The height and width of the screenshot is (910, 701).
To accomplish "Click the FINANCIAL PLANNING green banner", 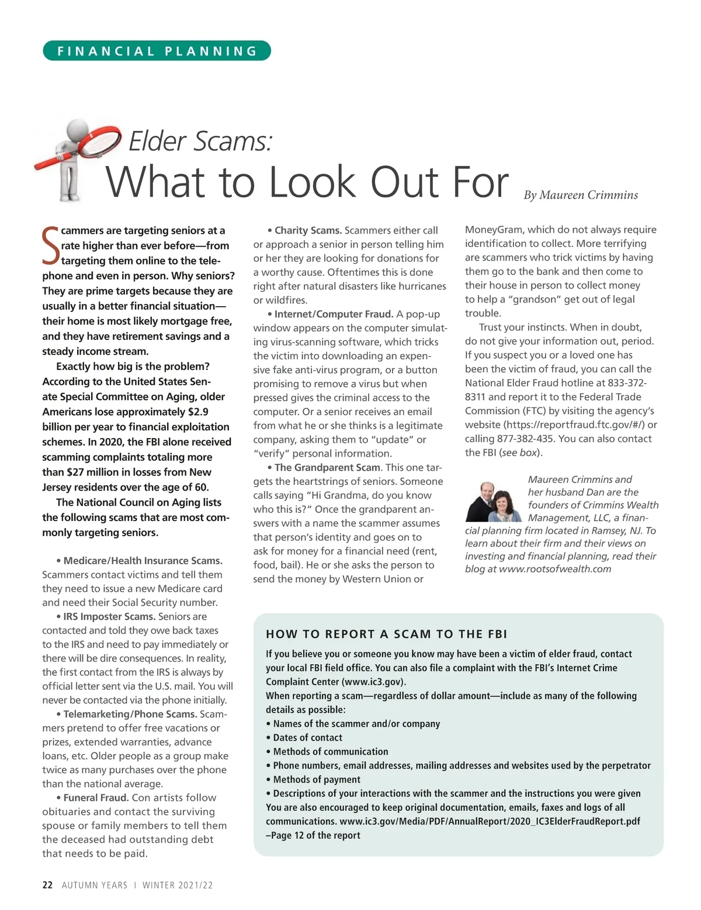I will coord(157,51).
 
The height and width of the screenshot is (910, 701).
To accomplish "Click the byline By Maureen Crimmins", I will coord(581,195).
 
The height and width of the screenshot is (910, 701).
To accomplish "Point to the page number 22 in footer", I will coord(47,885).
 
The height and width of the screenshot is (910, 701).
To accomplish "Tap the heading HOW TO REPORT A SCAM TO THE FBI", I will coord(386,634).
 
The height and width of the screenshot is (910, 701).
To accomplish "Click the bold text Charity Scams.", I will coord(308,230).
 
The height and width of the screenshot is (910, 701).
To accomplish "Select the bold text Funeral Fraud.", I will coord(96,798).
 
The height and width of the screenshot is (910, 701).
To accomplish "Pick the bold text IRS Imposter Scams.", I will coord(109,617).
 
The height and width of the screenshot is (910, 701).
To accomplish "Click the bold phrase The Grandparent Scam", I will coord(328,467).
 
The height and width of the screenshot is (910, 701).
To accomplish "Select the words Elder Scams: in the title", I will coord(200,141).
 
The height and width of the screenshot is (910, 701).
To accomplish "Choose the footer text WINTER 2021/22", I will coord(178,885).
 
